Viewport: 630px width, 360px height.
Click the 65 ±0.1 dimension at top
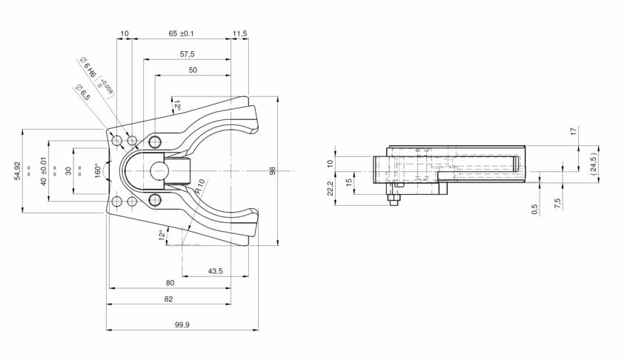coord(181,33)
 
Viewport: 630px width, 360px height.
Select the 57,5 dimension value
coord(188,54)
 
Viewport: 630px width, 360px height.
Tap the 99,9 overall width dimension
coord(182,325)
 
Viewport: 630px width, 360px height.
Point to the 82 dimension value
coord(168,299)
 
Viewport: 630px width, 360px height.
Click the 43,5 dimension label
coord(216,271)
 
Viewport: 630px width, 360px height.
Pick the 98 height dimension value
coord(273,171)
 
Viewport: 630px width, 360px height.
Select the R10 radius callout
coord(201,186)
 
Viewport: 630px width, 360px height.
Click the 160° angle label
coord(97,170)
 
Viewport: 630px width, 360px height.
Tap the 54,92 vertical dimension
coord(17,170)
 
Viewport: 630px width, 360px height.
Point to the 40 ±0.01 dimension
coord(44,170)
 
